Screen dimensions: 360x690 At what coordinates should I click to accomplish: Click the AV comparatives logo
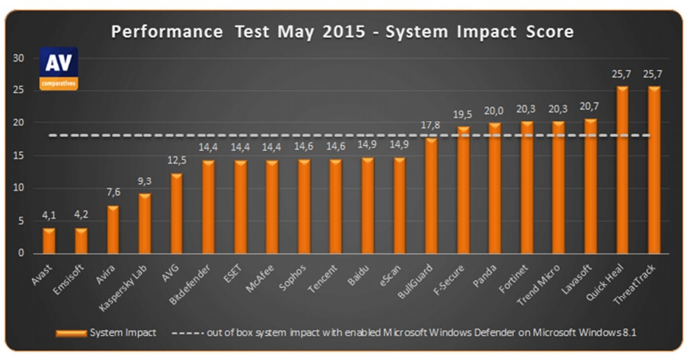point(58,68)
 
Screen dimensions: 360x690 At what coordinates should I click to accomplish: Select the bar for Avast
point(49,240)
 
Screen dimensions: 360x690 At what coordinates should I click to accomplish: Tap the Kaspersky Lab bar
point(144,223)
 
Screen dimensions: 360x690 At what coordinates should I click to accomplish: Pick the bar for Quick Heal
point(623,169)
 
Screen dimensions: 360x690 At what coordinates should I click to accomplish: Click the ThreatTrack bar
point(655,169)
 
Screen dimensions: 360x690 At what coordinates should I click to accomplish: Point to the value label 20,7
point(591,108)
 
